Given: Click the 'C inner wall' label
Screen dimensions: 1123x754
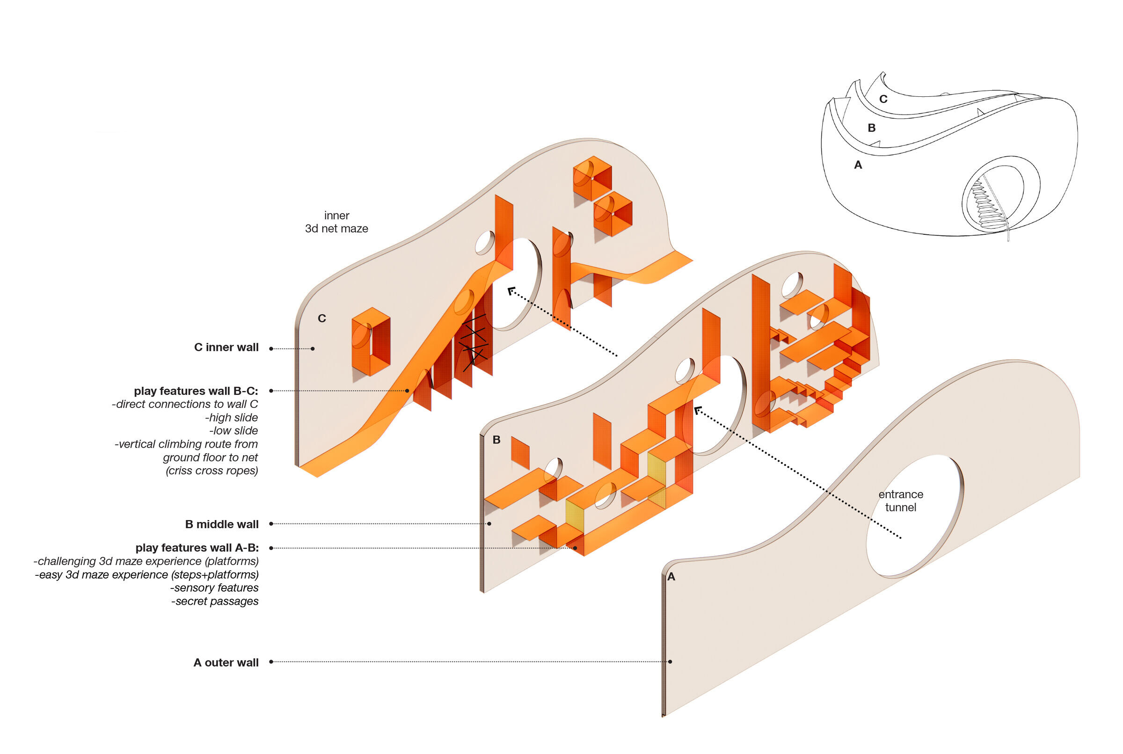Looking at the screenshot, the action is click(x=226, y=347).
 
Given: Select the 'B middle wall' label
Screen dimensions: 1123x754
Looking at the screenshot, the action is click(x=222, y=524).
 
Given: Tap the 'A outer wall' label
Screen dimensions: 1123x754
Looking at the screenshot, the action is click(x=226, y=663).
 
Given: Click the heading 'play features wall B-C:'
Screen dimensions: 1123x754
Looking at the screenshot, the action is click(x=196, y=391).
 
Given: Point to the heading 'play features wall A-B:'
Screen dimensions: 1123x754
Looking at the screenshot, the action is click(x=197, y=548).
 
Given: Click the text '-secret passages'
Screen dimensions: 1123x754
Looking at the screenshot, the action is click(x=215, y=601).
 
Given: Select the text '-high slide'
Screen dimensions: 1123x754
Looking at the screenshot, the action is click(x=231, y=417).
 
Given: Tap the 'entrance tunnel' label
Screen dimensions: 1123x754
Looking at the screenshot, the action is click(x=900, y=500).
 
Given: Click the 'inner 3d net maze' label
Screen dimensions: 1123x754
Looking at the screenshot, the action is click(x=336, y=222).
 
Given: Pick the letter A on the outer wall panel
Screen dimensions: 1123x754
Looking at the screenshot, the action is click(x=671, y=577).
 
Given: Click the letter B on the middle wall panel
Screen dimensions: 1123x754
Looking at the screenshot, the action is click(x=496, y=440).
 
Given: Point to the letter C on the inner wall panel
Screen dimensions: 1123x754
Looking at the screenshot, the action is click(x=322, y=319).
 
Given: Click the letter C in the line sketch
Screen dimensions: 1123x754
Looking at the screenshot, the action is click(x=883, y=99).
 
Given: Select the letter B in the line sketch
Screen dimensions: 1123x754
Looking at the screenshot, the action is click(x=871, y=128).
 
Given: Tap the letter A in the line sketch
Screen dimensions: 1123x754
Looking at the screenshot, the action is click(x=858, y=165).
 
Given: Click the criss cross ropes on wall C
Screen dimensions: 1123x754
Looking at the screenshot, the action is click(x=474, y=342).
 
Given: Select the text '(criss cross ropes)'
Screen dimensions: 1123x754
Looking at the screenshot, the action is click(x=211, y=471).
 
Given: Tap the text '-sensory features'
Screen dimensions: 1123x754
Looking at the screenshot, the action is click(x=214, y=587).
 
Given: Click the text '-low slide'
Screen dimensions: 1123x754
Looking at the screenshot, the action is click(x=233, y=430).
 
